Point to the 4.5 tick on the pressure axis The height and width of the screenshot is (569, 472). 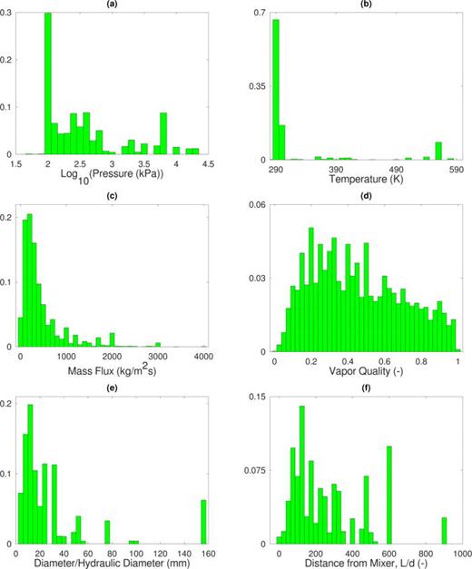208,164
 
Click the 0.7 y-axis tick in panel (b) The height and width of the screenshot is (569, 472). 258,14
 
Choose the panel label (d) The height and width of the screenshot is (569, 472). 366,199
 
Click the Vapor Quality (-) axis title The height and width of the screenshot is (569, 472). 366,371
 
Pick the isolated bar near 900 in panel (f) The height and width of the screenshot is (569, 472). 445,530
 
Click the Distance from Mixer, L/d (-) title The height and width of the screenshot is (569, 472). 366,559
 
